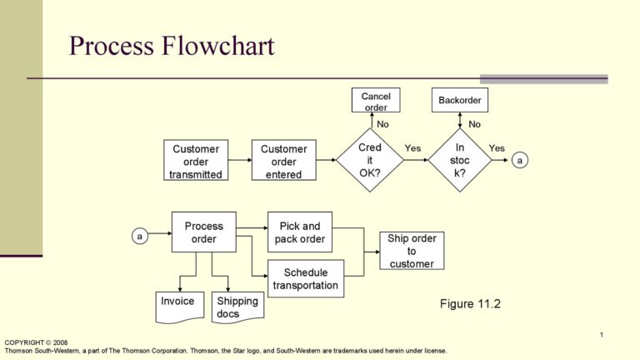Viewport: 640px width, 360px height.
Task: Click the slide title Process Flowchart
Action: tap(172, 46)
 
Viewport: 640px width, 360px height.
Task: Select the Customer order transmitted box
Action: tap(196, 161)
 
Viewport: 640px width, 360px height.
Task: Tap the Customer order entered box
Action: tap(284, 161)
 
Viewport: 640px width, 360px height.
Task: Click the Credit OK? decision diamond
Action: tap(370, 160)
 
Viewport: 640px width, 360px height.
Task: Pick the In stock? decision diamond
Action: tap(459, 160)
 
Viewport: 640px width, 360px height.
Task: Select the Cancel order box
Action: tap(376, 101)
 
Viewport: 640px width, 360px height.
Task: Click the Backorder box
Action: tap(460, 101)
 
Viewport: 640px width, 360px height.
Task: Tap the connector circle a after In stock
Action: tap(521, 160)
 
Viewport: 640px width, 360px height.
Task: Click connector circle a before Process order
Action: tap(140, 237)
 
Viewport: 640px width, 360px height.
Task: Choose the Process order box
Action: tap(203, 232)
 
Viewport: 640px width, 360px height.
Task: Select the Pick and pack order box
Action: tap(300, 232)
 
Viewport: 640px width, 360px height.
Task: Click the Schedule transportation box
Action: tap(306, 278)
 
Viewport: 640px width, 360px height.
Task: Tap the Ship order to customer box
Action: tap(412, 251)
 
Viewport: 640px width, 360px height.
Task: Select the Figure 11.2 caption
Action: tap(470, 303)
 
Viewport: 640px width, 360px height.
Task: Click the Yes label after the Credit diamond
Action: tap(413, 148)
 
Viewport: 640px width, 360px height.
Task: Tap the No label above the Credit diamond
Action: tap(382, 124)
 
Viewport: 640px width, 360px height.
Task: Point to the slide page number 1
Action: tap(600, 335)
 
